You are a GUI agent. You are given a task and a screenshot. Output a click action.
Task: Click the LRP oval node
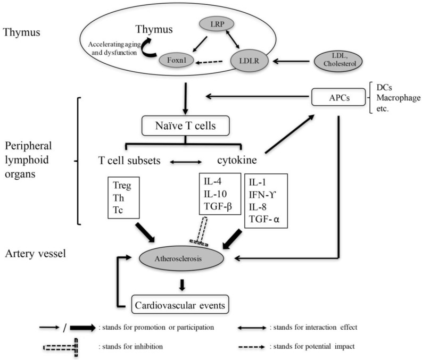(x=217, y=24)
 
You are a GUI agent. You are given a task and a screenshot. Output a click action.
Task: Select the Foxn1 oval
(x=177, y=60)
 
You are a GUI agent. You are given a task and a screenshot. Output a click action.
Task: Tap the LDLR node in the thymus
(x=249, y=61)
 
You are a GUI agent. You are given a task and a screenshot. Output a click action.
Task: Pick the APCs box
(x=338, y=97)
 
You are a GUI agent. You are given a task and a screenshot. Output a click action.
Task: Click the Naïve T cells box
(x=185, y=125)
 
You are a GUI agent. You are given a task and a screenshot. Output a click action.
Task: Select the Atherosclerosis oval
(x=181, y=258)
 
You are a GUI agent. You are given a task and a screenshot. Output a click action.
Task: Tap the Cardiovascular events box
(x=180, y=305)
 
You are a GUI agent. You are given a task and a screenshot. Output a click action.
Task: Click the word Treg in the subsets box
(x=122, y=186)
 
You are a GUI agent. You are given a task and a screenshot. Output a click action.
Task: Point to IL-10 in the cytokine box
(x=215, y=194)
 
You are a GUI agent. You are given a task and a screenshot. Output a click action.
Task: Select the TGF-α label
(x=264, y=219)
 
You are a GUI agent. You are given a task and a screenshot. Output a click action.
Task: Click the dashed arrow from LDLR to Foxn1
(x=209, y=62)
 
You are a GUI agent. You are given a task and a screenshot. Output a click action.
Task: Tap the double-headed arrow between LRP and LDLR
(x=233, y=39)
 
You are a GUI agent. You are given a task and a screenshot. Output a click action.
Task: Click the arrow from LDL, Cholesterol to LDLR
(x=291, y=61)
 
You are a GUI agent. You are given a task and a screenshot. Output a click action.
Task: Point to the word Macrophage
(x=398, y=98)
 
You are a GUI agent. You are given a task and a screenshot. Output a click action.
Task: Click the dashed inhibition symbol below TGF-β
(x=201, y=231)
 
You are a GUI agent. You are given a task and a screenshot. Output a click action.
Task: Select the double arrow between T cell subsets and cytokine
(x=186, y=162)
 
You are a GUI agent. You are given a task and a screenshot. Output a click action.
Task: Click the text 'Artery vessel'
(x=35, y=254)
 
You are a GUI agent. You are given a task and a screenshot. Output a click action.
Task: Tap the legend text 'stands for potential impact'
(x=314, y=347)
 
